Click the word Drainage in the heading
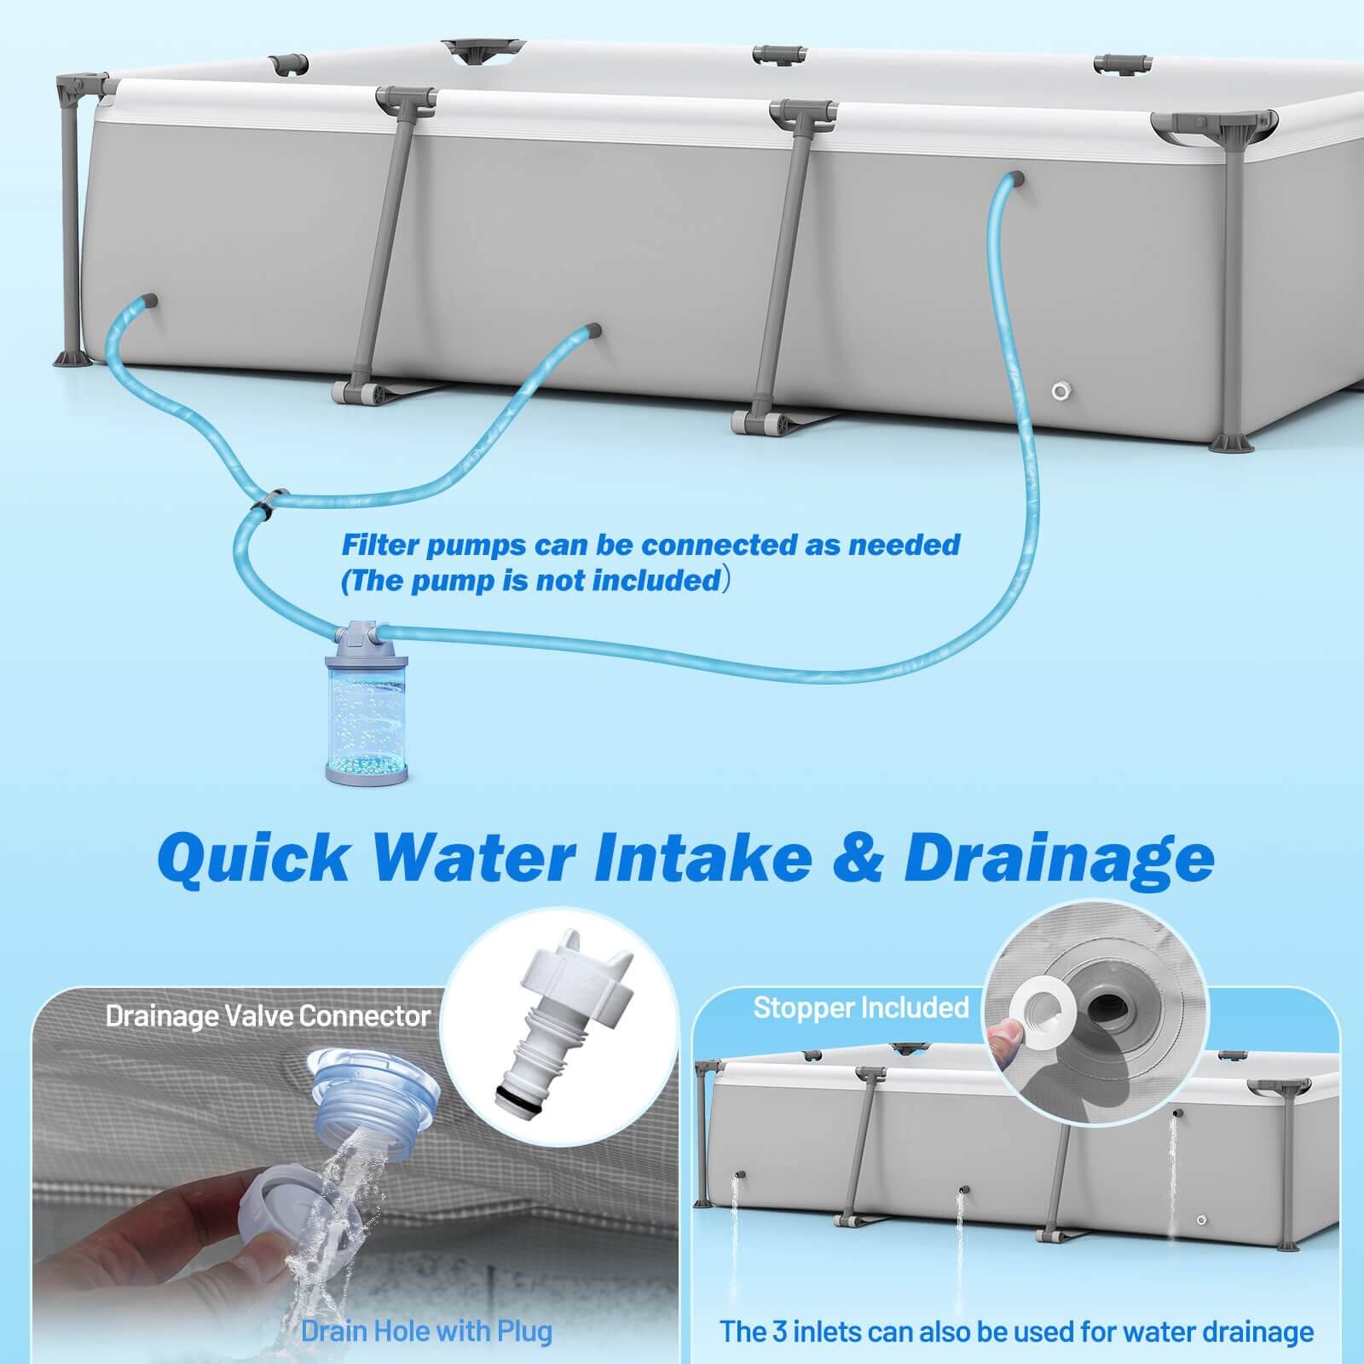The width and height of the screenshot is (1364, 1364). coord(1059,857)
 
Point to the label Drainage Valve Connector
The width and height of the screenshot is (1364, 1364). coord(268,1015)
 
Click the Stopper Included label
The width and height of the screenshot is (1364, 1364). coord(861,1008)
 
